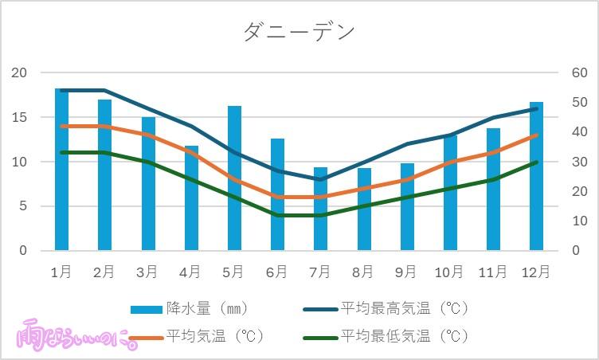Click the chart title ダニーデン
click(299, 32)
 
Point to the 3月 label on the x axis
click(147, 272)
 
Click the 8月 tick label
click(362, 272)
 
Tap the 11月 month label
click(491, 272)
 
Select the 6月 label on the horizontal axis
click(276, 272)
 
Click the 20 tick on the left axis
click(19, 73)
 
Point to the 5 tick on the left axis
click(23, 206)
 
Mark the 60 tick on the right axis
click(579, 73)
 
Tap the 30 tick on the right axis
click(579, 162)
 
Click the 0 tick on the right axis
click(576, 251)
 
